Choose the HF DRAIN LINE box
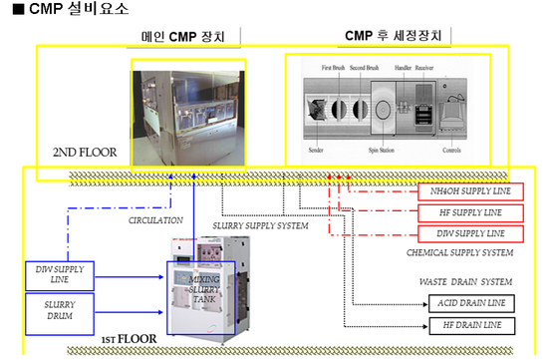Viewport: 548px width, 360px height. pos(471,325)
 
